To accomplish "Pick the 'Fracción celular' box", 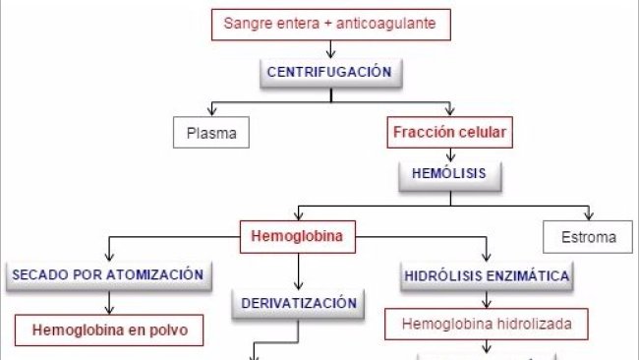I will pos(451,131).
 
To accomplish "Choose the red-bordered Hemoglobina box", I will pos(298,236).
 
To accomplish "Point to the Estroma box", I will pos(590,237).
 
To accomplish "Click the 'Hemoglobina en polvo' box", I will pos(109,329).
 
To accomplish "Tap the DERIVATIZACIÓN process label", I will pos(298,303).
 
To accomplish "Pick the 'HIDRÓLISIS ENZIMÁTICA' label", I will pos(487,276).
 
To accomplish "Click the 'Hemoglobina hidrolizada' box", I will pos(487,322).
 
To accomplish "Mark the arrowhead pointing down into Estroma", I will pos(590,216).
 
